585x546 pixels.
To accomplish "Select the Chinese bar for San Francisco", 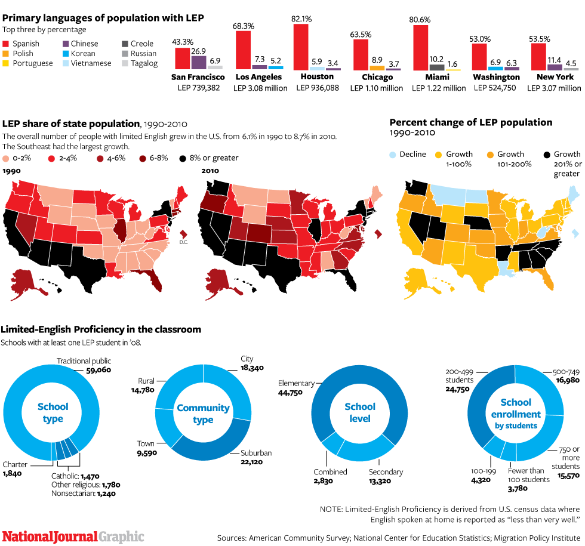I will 198,62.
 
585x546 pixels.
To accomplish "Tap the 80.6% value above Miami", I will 421,18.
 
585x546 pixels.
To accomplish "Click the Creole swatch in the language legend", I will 125,44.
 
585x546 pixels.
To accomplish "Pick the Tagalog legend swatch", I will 125,63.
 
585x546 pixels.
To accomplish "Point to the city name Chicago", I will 377,77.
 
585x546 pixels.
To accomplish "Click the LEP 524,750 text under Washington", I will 494,88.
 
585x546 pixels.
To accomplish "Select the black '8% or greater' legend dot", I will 181,158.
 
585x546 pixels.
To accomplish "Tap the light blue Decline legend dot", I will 393,155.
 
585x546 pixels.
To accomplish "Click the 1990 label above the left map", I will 11,171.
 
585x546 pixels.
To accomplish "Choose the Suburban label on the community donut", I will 256,453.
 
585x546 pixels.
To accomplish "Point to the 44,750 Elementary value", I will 290,393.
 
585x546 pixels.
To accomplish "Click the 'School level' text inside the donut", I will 360,412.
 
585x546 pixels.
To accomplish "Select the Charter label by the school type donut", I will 15,464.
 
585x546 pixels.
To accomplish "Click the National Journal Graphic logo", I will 73,536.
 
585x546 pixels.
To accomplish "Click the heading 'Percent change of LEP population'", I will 471,122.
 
